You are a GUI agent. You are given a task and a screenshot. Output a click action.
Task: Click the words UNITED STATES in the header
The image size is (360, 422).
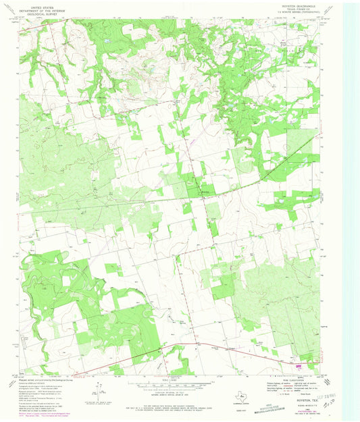coord(40,5)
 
